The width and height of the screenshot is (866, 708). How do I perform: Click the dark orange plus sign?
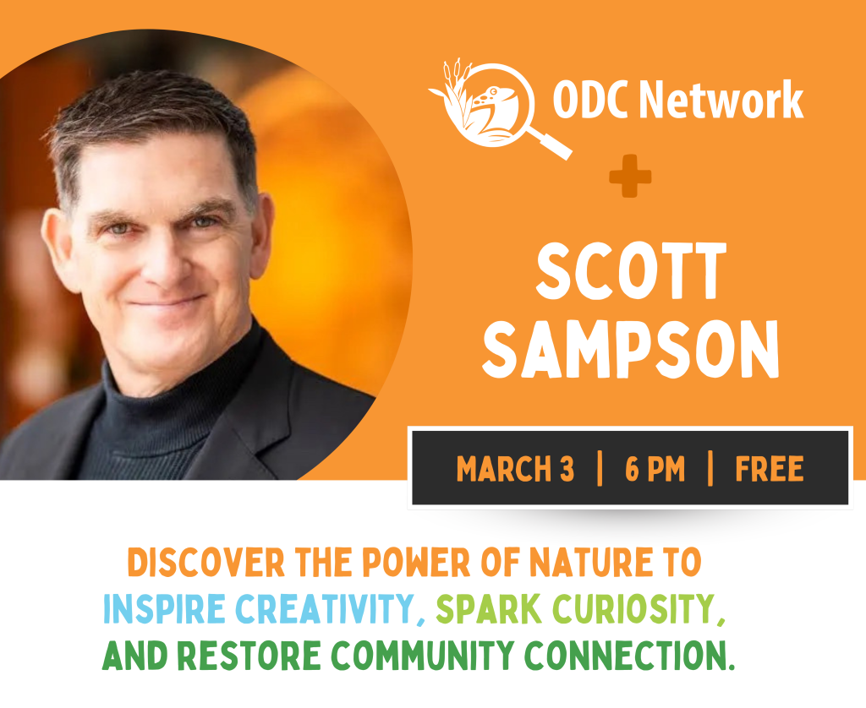[630, 176]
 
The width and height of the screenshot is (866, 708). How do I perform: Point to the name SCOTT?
[631, 271]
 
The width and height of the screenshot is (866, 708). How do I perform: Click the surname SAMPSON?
[631, 349]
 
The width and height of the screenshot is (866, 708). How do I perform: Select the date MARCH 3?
[515, 469]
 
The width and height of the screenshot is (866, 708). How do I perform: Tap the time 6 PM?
[655, 469]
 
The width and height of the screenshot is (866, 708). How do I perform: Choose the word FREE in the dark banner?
[770, 469]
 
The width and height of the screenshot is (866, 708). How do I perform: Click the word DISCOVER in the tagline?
[206, 563]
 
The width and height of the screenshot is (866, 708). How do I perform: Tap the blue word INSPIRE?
[164, 608]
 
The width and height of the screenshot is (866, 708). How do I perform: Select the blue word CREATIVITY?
[325, 608]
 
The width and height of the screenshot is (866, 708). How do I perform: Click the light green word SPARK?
[489, 608]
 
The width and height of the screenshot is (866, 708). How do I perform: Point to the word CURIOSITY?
[633, 608]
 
